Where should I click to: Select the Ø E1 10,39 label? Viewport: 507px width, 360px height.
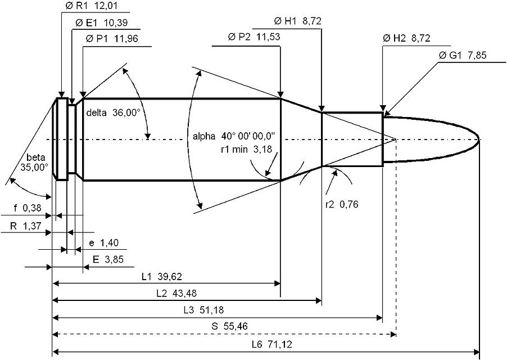coord(102,22)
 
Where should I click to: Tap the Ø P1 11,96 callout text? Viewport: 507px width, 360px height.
coord(112,39)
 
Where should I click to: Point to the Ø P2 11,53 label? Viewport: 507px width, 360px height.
coord(254,37)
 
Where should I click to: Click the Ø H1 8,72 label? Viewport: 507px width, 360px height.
coord(298,21)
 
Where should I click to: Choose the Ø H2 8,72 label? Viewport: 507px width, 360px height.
coord(406,38)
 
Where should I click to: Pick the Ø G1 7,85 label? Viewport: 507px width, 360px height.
coord(463,55)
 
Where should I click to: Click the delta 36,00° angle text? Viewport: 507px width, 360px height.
coord(113,112)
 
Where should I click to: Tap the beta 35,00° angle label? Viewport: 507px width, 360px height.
coord(34,163)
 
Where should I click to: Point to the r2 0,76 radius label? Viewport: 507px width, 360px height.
coord(342,204)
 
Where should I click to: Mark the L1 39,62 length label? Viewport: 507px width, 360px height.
coord(162,277)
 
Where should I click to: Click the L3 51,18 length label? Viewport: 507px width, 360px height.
coord(203,310)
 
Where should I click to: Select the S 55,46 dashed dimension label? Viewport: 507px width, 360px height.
coord(229,326)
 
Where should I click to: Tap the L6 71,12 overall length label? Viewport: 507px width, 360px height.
coord(271,344)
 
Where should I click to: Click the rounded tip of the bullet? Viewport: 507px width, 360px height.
coord(479,139)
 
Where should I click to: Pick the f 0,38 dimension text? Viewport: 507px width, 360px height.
coord(28,208)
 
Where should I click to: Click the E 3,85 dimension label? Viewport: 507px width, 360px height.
coord(108,259)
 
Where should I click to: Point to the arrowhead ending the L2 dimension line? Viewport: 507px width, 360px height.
coord(319,301)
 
